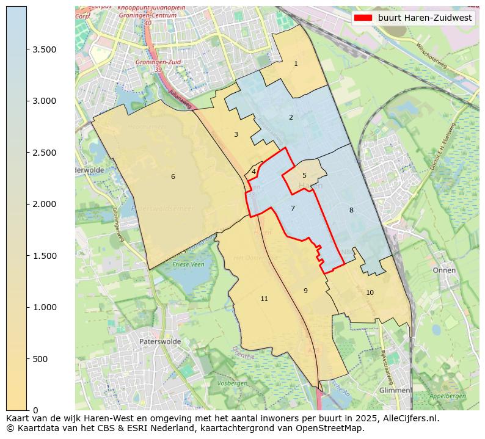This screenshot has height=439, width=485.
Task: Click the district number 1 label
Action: tap(296, 63)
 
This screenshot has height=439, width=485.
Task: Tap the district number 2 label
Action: tap(291, 117)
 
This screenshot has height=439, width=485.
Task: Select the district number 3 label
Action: tap(236, 134)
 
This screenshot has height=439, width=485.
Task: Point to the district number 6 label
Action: tap(173, 176)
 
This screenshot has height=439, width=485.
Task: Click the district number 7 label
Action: tap(293, 208)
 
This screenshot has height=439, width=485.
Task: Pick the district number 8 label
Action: tap(351, 210)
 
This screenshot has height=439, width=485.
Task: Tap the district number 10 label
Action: tap(370, 292)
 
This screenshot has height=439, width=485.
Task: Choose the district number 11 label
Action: tap(264, 299)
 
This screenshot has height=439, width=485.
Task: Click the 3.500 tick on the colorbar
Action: tap(45, 49)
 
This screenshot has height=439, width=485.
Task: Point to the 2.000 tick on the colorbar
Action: tap(45, 204)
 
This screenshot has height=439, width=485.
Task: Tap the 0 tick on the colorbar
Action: tap(35, 410)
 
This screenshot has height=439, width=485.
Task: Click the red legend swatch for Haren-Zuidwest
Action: tap(363, 18)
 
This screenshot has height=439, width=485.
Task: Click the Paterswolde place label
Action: tap(160, 341)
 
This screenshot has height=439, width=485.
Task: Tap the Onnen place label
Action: tap(444, 270)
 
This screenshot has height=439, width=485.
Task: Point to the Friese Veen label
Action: tap(189, 264)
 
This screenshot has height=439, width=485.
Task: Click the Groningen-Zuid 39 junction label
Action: tap(150, 66)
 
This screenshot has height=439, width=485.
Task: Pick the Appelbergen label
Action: tap(447, 396)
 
